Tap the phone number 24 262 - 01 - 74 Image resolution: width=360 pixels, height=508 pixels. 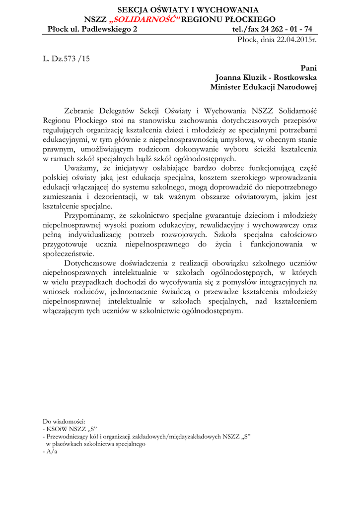coord(283,29)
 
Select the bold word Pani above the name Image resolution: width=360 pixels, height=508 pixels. coord(308,68)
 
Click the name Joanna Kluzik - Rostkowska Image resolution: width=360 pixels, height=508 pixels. coord(266,77)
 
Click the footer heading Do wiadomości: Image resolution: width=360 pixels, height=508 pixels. coord(65,421)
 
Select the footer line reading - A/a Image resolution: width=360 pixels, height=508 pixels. coord(50,452)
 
